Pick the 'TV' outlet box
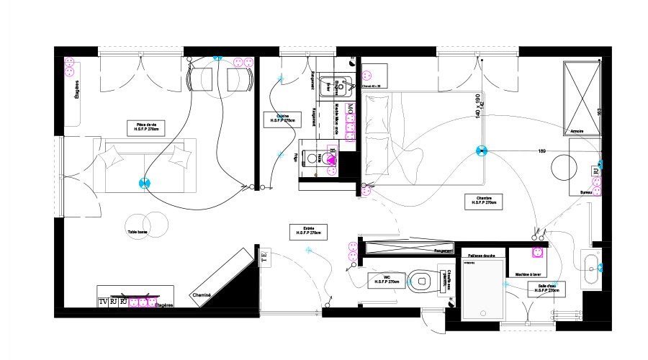103,302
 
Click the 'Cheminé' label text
201,295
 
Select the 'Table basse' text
138,232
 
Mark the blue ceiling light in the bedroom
481,151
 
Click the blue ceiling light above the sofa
145,183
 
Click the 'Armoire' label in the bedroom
576,132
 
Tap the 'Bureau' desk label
587,193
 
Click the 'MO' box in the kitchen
351,110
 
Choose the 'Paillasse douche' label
480,256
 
